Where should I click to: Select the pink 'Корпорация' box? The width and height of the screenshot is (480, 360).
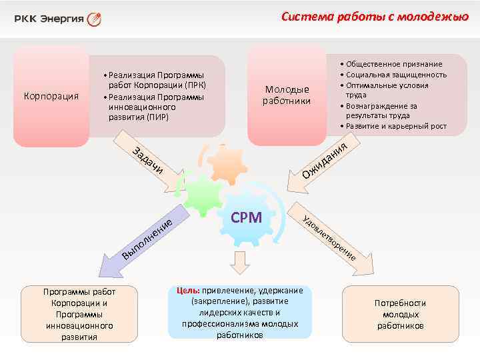pos(51,96)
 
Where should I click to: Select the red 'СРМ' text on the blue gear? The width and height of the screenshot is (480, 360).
pos(246,218)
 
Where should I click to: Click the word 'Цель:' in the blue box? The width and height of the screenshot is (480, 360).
pos(187,291)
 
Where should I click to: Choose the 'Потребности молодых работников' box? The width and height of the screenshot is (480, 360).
pos(400,314)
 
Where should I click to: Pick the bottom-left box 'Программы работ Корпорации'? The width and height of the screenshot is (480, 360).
pos(79,314)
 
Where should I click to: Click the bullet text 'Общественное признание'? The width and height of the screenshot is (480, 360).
pos(393,64)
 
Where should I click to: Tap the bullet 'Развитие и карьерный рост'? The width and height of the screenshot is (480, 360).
pos(396,126)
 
